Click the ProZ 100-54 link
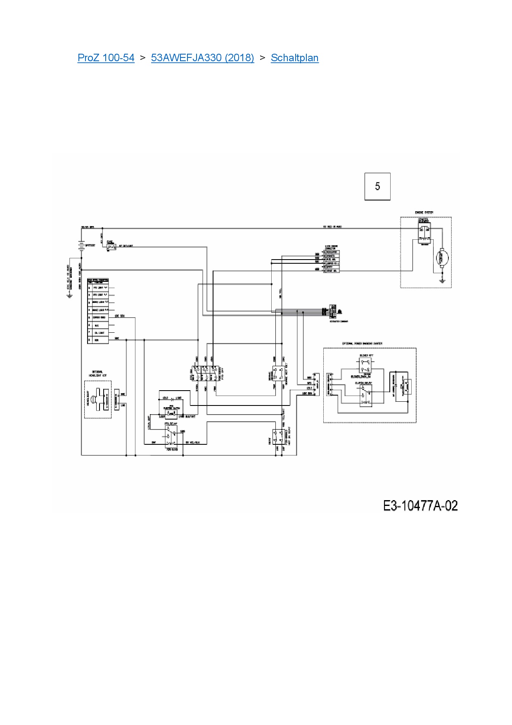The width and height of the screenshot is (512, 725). pos(106,58)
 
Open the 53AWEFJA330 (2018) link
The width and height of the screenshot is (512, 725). pos(202,58)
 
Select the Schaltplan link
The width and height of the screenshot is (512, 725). pos(294,58)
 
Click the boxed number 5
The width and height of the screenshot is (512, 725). pos(377,186)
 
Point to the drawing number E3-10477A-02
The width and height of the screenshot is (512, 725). pos(420,506)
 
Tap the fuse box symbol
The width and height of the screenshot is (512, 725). pos(111,247)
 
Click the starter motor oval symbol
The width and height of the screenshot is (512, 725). pos(443,257)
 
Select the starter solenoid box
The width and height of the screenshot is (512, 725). pos(424,231)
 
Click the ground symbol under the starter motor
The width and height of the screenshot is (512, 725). pos(443,281)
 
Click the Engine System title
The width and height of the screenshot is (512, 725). pos(424,212)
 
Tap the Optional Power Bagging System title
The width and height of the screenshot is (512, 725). pos(362,343)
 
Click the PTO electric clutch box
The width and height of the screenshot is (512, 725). pos(171,414)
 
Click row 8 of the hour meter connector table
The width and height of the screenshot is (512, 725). pos(98,340)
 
